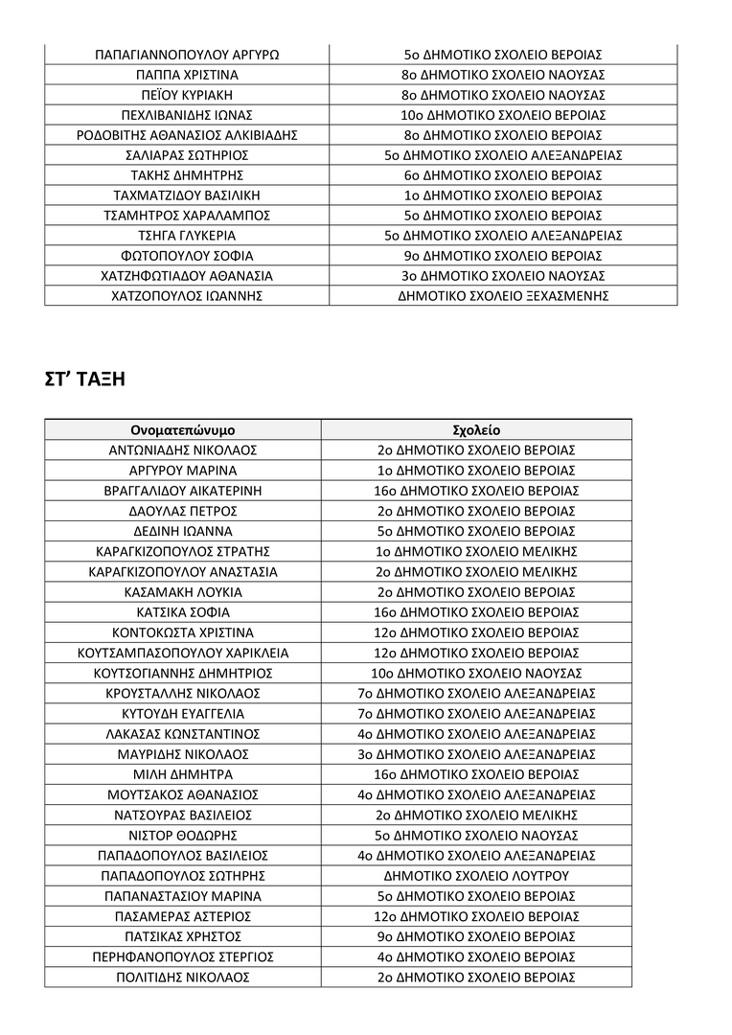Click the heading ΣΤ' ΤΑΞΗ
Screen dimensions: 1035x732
pyautogui.click(x=85, y=379)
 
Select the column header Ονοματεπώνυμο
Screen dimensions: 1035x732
pyautogui.click(x=183, y=429)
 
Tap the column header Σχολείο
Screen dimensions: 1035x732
pyautogui.click(x=476, y=429)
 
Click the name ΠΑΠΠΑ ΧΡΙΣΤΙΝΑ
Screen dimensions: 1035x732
pyautogui.click(x=187, y=74)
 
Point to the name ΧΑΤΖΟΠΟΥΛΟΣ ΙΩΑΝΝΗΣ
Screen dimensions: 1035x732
pyautogui.click(x=187, y=296)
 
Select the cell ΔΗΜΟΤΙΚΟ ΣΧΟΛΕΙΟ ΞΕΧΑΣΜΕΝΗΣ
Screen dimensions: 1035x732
pyautogui.click(x=503, y=296)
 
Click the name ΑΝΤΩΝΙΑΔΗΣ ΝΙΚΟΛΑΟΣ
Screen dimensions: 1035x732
pyautogui.click(x=183, y=449)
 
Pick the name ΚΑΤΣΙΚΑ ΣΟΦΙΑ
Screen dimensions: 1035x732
pyautogui.click(x=183, y=612)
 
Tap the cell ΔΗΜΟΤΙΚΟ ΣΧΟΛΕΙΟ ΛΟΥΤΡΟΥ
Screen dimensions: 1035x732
pyautogui.click(x=476, y=876)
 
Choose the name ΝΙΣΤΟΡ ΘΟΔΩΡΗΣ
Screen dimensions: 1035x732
pyautogui.click(x=183, y=836)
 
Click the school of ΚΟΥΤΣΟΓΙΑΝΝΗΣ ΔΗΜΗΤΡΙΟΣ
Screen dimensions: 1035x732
pyautogui.click(x=476, y=674)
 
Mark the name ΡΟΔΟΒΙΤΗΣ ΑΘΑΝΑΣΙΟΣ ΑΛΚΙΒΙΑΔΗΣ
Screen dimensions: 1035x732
pyautogui.click(x=187, y=135)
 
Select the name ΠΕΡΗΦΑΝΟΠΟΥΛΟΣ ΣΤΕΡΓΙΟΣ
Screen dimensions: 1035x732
pyautogui.click(x=183, y=957)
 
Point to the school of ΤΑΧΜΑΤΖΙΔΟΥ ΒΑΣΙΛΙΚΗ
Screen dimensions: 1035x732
pyautogui.click(x=503, y=195)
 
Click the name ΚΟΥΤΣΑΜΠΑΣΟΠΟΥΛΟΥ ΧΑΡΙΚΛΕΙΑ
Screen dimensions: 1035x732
pyautogui.click(x=183, y=654)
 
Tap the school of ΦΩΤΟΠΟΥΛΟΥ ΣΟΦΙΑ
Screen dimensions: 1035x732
pyautogui.click(x=503, y=256)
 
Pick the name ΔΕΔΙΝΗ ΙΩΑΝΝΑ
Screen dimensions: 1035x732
pyautogui.click(x=183, y=531)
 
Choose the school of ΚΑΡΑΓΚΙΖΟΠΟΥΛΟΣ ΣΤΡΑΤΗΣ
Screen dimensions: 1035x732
pyautogui.click(x=476, y=551)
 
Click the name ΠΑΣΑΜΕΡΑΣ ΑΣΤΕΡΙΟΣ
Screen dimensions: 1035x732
pyautogui.click(x=183, y=917)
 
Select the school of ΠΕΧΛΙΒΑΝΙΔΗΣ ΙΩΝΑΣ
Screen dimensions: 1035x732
pyautogui.click(x=503, y=115)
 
